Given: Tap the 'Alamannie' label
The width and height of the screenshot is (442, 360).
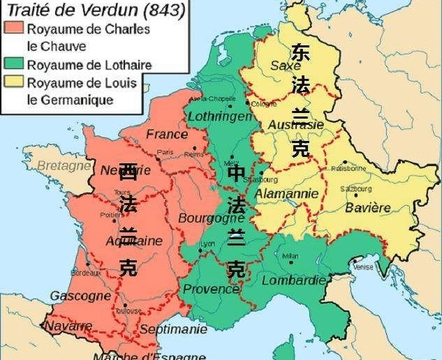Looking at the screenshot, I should point(286,193).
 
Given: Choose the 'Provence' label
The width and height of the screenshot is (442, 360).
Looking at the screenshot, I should point(211,289).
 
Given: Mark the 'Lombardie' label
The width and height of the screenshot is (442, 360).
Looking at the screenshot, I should point(294,280).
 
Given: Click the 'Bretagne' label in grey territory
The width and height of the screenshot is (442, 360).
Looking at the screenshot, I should point(64,166).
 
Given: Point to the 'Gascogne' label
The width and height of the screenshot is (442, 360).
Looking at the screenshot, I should point(80,296).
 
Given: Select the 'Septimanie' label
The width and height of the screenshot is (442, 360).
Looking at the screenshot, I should point(173,329).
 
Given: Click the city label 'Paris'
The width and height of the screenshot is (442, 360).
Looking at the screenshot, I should point(165,152).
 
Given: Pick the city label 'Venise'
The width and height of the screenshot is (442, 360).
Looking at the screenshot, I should point(363,266).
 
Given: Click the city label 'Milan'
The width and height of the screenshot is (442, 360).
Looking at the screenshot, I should point(290,256).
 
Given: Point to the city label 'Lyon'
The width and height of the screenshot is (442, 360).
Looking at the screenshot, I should point(207,243).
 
